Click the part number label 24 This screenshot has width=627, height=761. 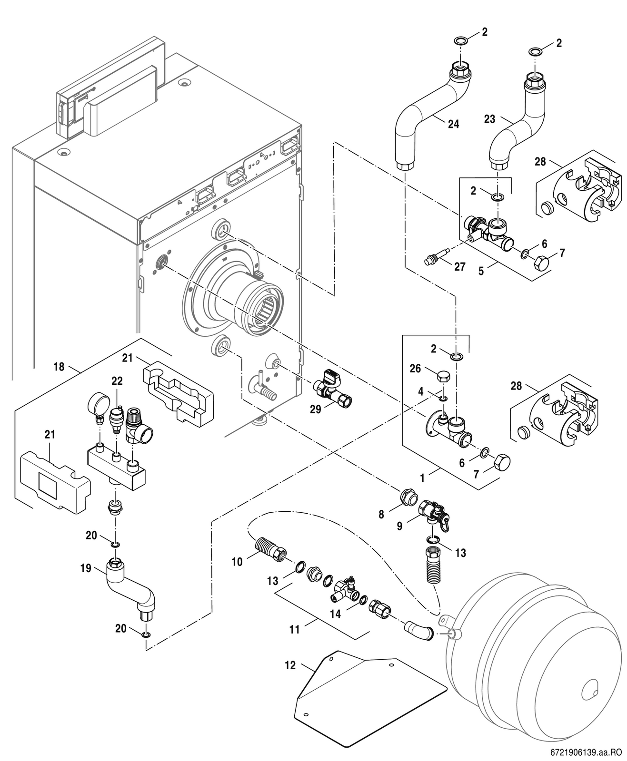point(453,124)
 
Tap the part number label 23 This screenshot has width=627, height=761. point(490,119)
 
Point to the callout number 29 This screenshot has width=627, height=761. point(315,410)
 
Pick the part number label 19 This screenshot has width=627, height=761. point(86,568)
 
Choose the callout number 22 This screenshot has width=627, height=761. point(117,381)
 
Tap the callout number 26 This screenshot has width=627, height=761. point(415,368)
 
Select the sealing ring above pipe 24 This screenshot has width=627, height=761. point(460,39)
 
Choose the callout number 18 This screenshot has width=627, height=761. point(59,367)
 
